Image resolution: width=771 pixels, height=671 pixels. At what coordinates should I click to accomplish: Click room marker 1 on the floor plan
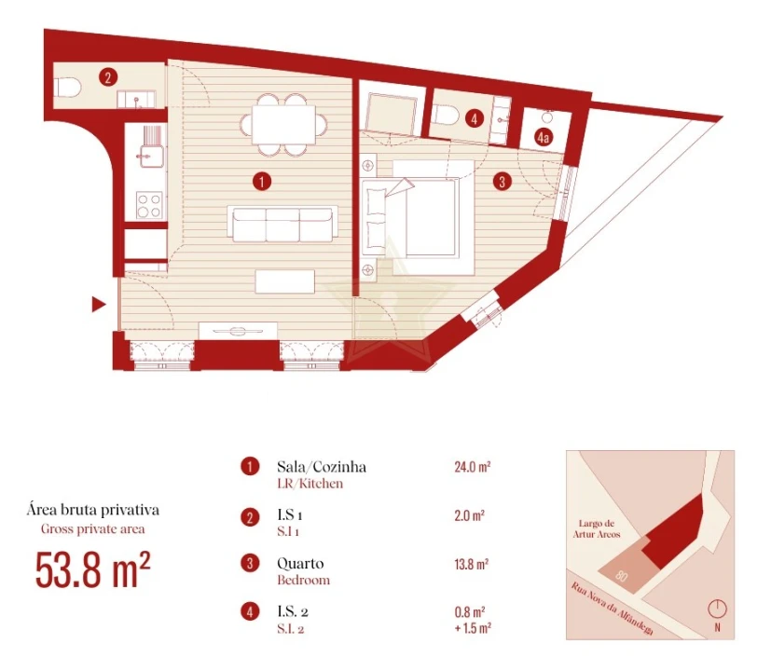pyautogui.click(x=263, y=181)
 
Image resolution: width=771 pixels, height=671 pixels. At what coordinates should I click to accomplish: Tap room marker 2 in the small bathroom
pyautogui.click(x=109, y=78)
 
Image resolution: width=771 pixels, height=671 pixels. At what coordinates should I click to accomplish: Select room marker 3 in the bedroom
pyautogui.click(x=503, y=182)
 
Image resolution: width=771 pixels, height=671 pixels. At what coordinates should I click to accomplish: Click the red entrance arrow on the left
pyautogui.click(x=97, y=304)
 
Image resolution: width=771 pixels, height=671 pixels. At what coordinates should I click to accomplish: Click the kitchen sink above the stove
pyautogui.click(x=148, y=145)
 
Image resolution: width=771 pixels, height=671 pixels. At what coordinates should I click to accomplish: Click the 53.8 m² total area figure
pyautogui.click(x=93, y=569)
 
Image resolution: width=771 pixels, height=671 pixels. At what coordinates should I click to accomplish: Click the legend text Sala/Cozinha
pyautogui.click(x=321, y=466)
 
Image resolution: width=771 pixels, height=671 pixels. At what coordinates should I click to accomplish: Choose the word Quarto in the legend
pyautogui.click(x=300, y=564)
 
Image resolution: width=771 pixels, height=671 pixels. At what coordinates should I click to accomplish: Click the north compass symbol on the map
pyautogui.click(x=716, y=610)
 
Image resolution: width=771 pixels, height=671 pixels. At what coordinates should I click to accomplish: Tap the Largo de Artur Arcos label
pyautogui.click(x=607, y=529)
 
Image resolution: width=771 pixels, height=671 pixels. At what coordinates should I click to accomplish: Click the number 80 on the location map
pyautogui.click(x=622, y=578)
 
